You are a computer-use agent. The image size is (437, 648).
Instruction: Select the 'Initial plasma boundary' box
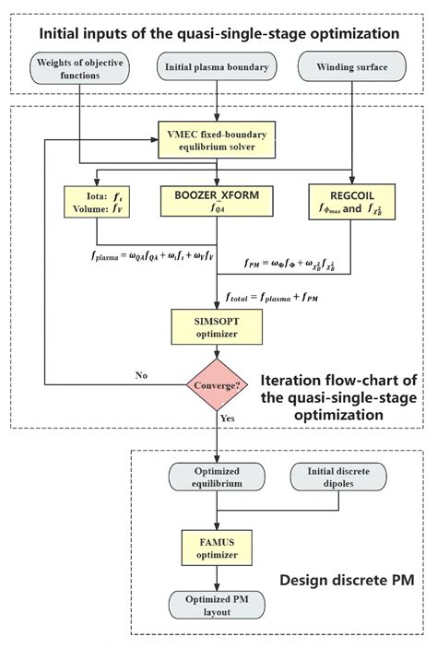point(216,67)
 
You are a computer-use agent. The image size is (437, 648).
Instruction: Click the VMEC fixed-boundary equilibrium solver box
point(216,141)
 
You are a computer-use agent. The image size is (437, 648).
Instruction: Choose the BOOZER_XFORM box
point(216,202)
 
